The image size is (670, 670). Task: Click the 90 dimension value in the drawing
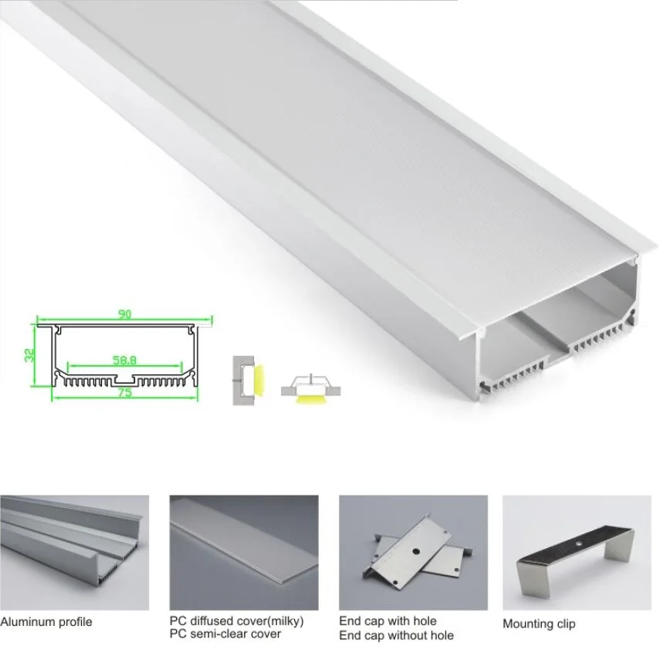tap(124, 315)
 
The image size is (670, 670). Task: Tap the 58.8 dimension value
tap(124, 360)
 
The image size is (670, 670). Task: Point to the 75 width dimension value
tap(124, 392)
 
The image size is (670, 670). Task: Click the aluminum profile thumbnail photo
tap(74, 553)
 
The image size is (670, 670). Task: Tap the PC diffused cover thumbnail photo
tap(243, 553)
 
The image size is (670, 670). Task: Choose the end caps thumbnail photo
tap(413, 553)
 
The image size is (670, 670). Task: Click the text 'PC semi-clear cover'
tap(225, 634)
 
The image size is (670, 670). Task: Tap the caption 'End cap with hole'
tap(387, 621)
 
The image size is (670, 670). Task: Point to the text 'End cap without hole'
tap(396, 635)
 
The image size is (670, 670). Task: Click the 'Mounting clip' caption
tap(539, 624)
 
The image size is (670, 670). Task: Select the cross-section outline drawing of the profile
tap(124, 355)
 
